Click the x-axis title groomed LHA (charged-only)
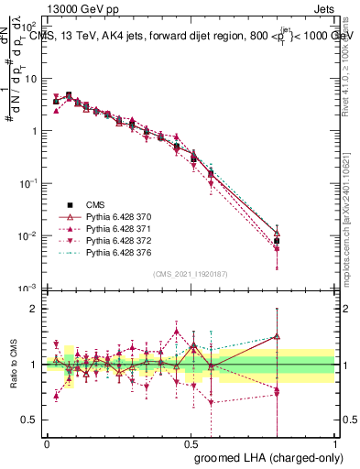pyautogui.click(x=264, y=456)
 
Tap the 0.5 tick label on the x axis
pyautogui.click(x=191, y=442)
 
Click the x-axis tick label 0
pyautogui.click(x=47, y=442)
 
